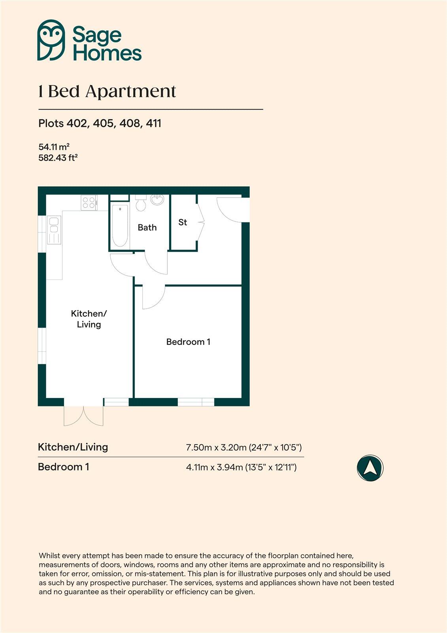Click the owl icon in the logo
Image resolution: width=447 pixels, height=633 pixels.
tap(51, 40)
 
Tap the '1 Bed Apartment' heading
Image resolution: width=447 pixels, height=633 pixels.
tap(107, 92)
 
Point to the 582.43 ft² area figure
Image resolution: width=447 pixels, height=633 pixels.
tap(58, 157)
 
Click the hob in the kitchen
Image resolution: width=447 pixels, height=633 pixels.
tap(89, 203)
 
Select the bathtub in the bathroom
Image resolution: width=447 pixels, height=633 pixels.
tap(120, 226)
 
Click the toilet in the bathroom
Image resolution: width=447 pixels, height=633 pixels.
tap(140, 203)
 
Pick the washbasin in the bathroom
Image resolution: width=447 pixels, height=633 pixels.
tap(158, 199)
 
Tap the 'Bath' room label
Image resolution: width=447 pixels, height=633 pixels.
tap(147, 227)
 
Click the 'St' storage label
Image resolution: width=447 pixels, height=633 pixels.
tap(183, 222)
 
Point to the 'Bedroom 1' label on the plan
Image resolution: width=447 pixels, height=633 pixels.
tap(188, 342)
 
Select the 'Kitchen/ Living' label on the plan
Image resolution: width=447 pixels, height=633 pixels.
tap(89, 319)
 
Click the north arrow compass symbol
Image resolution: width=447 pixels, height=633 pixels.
tap(370, 468)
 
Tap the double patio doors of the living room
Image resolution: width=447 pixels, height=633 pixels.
tap(84, 415)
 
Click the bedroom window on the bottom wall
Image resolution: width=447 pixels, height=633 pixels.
tap(196, 402)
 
